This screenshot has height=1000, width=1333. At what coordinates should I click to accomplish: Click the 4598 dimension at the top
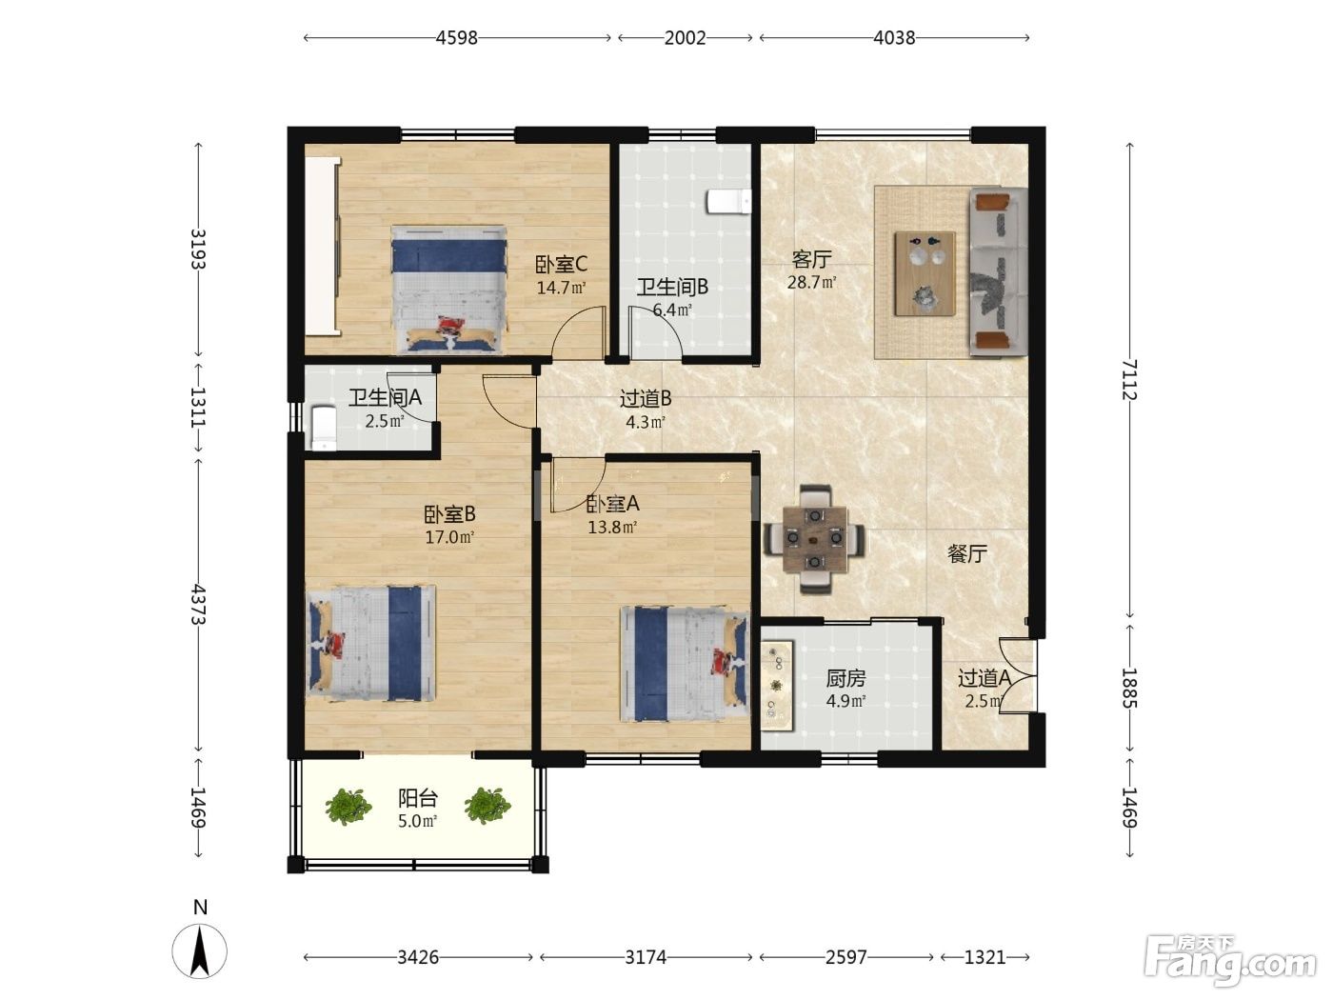coord(457,38)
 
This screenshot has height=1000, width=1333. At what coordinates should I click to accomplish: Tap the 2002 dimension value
coord(685,38)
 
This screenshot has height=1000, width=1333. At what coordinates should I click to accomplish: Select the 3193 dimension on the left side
coord(198,249)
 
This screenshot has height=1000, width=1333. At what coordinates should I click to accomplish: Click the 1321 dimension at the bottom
coord(985,957)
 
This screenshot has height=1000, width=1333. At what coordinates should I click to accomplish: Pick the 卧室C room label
coord(561,264)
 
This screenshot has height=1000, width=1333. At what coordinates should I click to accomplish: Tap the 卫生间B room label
coord(672,287)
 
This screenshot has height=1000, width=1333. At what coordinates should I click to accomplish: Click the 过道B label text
coord(645,399)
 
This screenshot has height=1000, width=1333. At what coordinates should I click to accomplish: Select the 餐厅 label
coord(967,553)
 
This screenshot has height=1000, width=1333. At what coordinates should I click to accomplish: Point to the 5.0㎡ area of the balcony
coord(418,821)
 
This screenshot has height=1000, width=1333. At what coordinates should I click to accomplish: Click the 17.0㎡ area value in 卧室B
coord(449,537)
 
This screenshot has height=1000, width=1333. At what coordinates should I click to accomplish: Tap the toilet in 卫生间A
coord(324,429)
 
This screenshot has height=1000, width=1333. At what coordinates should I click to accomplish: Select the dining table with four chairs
coord(814,538)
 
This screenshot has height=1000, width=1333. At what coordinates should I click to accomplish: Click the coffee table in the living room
coord(925,274)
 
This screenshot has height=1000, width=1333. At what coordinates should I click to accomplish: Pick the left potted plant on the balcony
coord(348,807)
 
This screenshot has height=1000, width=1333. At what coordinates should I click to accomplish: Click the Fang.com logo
coord(1229,961)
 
